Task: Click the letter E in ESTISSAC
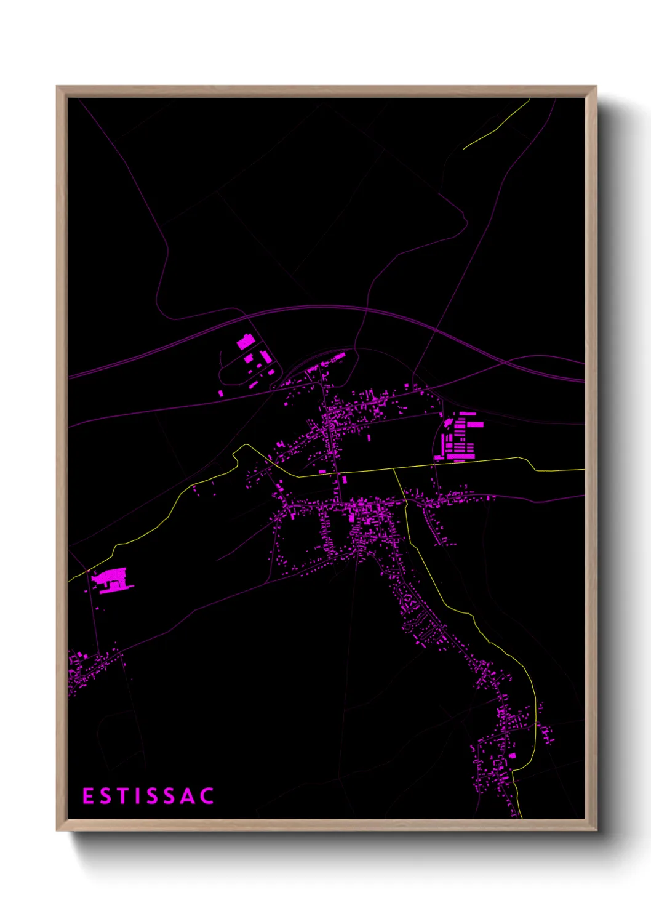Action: click(87, 796)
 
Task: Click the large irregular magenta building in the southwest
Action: click(112, 580)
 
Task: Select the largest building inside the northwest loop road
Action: click(245, 342)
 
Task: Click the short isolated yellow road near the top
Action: click(497, 124)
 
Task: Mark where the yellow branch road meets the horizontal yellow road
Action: click(394, 469)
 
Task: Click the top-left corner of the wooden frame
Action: click(57, 87)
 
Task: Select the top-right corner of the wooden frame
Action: click(596, 87)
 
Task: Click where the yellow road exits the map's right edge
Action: click(583, 470)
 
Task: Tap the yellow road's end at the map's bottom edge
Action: click(521, 817)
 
